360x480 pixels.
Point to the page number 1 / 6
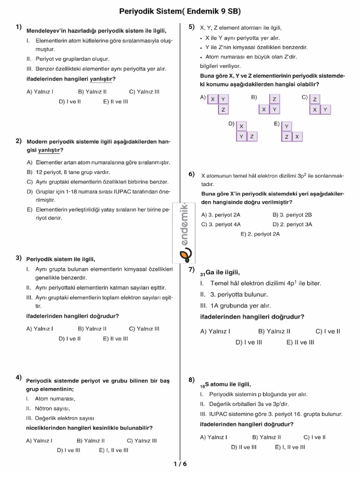point(180,464)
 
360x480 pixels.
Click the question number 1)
point(19,27)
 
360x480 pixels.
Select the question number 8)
point(192,380)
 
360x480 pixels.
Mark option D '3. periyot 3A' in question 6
point(292,224)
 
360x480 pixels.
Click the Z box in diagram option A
point(224,110)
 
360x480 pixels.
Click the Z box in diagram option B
point(274,99)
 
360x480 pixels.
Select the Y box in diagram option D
point(241,136)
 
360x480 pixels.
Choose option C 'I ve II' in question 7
point(328,331)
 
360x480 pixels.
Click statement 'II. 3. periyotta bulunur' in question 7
point(234,294)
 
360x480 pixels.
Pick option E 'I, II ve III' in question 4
point(113,450)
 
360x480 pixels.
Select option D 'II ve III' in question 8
point(244,447)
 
